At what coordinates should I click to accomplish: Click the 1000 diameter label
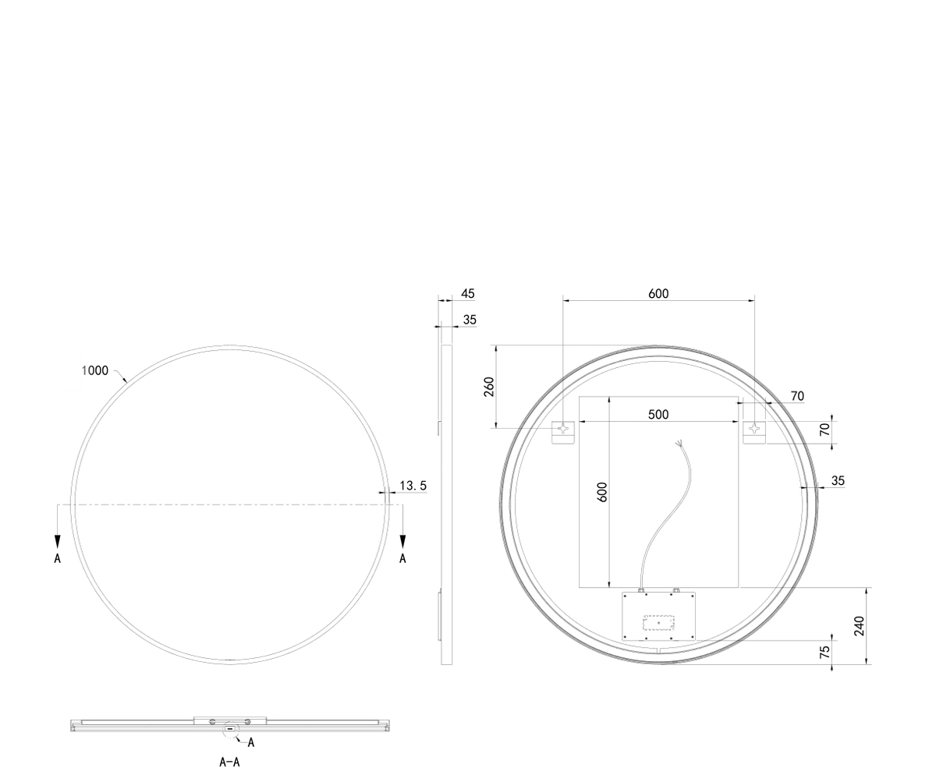point(95,370)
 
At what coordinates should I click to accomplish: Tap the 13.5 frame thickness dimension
point(413,486)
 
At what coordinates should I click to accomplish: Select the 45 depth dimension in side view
point(467,293)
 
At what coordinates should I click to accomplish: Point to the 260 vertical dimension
point(488,387)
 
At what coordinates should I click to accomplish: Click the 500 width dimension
point(658,415)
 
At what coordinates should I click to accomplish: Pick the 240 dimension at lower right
point(860,625)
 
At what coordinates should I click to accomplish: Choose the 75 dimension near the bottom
point(824,652)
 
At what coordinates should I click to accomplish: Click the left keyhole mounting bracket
point(562,433)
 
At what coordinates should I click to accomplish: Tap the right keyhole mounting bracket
point(755,433)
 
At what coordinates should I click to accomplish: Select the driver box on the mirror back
point(658,616)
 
